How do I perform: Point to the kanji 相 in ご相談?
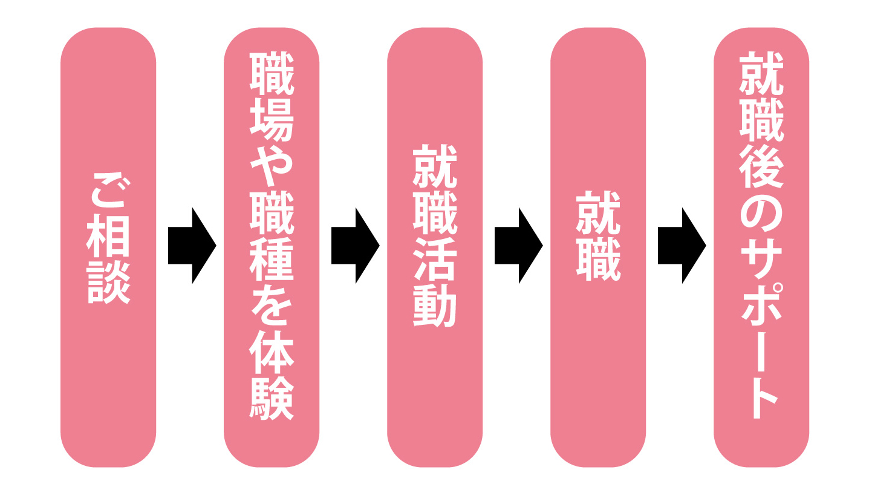(x=108, y=238)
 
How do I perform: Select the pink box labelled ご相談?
(x=108, y=375)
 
